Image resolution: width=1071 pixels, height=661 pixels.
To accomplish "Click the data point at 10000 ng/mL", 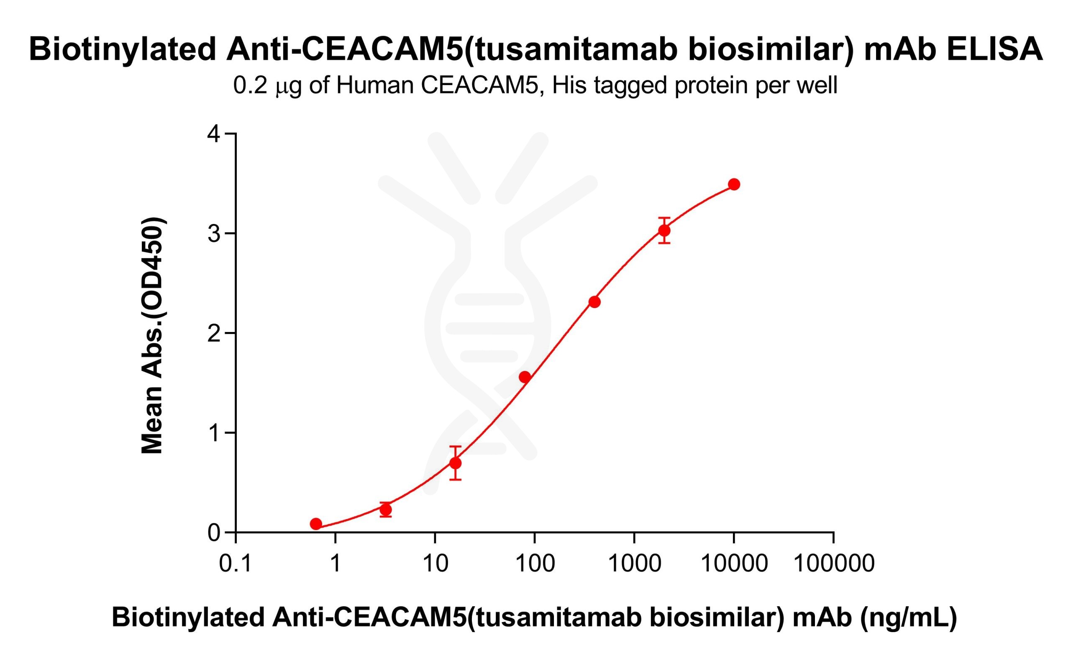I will pyautogui.click(x=734, y=185).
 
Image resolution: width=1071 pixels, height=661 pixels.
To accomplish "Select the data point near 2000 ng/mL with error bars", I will pyautogui.click(x=664, y=230).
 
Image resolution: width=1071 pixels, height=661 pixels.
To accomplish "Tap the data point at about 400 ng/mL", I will pyautogui.click(x=594, y=302).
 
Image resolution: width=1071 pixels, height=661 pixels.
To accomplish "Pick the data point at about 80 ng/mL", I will pyautogui.click(x=525, y=377).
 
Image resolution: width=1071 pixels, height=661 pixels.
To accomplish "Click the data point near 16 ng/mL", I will pyautogui.click(x=455, y=463).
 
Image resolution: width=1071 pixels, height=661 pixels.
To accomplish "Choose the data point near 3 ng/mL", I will pyautogui.click(x=385, y=509).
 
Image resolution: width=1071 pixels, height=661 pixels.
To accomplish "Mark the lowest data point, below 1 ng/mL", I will pyautogui.click(x=316, y=524).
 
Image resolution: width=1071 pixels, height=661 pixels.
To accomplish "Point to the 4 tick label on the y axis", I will pyautogui.click(x=214, y=134).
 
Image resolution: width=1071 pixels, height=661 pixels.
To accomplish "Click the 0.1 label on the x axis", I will pyautogui.click(x=236, y=563).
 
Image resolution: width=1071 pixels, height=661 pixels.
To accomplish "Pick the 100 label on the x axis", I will pyautogui.click(x=535, y=563).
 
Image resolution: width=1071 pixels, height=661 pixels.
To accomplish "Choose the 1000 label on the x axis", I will pyautogui.click(x=634, y=563).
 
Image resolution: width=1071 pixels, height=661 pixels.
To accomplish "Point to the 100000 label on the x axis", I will pyautogui.click(x=833, y=563).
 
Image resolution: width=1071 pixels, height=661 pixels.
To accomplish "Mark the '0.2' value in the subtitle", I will pyautogui.click(x=250, y=85).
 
